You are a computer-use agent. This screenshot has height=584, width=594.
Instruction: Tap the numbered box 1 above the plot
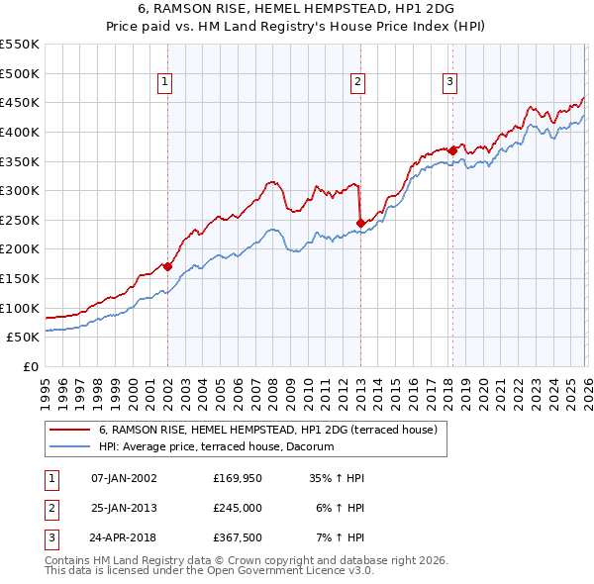(x=164, y=82)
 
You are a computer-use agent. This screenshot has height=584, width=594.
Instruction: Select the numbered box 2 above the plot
(x=357, y=82)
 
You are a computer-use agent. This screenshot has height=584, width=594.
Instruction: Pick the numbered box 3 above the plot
(x=449, y=82)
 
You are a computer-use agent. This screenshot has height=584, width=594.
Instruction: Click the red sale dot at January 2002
(x=167, y=266)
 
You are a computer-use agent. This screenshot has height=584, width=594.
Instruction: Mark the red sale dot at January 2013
(x=360, y=222)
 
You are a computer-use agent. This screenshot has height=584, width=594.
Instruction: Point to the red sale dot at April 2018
(x=452, y=150)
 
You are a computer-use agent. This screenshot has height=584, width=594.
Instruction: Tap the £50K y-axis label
(x=24, y=338)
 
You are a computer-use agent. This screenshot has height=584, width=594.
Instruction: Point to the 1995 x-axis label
(x=45, y=388)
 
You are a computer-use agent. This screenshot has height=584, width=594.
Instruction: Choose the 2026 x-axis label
(x=586, y=388)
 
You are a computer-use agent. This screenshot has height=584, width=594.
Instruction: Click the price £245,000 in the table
(x=238, y=509)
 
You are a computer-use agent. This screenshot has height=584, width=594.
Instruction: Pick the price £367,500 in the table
(x=238, y=539)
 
